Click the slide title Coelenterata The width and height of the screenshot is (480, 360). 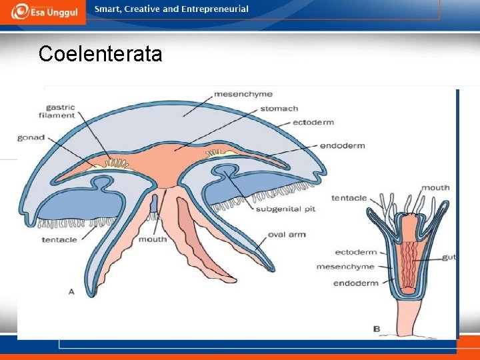coord(100,53)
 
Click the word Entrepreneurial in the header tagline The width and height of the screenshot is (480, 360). coord(215,9)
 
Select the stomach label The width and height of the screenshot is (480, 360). coord(279,109)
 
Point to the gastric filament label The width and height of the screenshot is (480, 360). coord(61,111)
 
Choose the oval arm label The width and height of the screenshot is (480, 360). coord(287,235)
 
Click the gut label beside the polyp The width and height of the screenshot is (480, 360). coord(449,257)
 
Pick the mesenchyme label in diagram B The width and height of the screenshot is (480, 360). coord(345,267)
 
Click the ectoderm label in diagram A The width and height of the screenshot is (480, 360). coord(313,123)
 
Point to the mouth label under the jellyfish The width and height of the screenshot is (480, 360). coord(153,239)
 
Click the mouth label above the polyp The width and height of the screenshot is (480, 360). coord(435,188)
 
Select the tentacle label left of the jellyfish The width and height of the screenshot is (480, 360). coord(59,240)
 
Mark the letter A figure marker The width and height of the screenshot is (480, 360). coord(71,291)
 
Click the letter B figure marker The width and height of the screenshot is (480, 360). coord(377,329)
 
